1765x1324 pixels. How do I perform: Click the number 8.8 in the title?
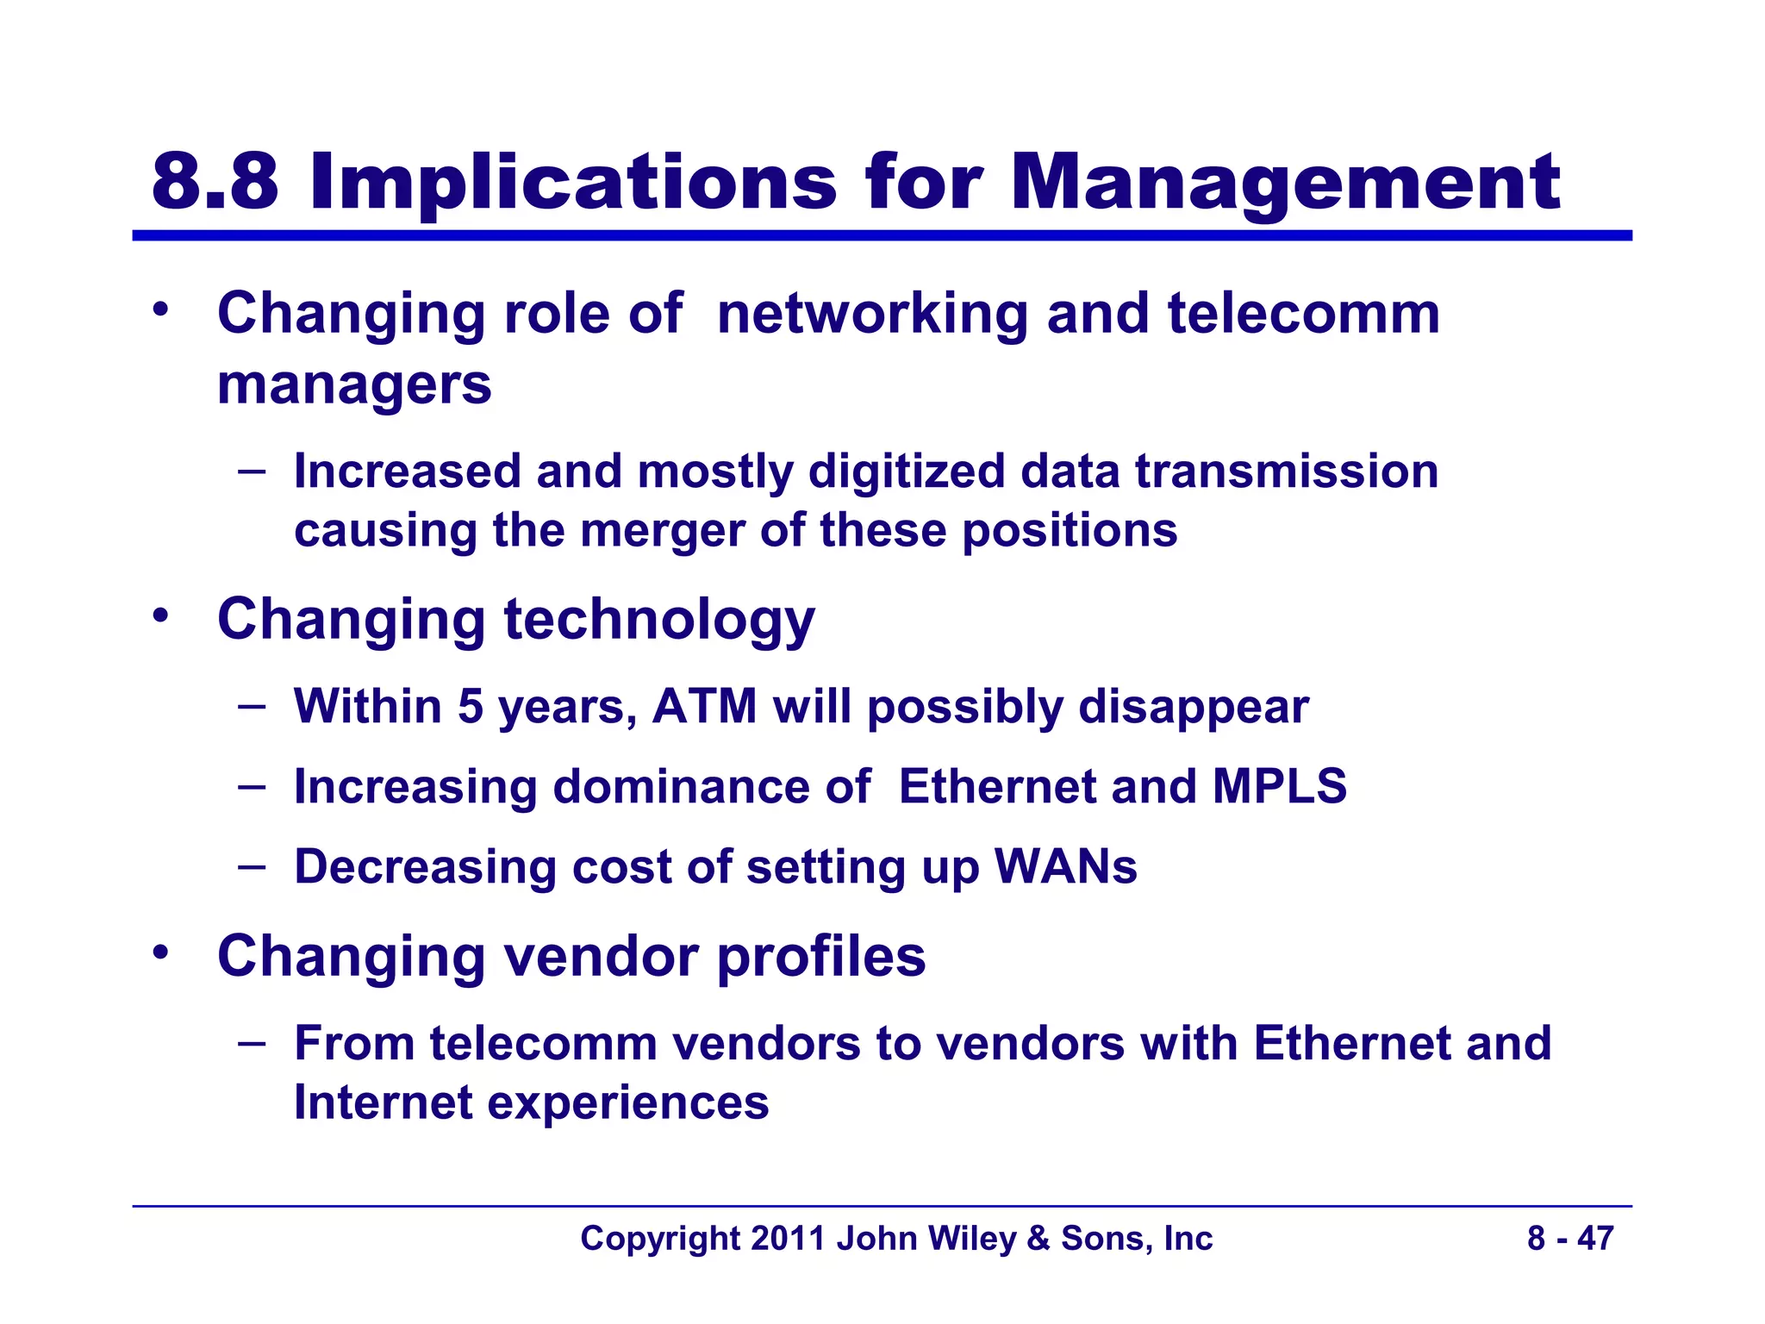pyautogui.click(x=215, y=182)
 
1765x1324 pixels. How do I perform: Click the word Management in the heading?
pyautogui.click(x=1284, y=184)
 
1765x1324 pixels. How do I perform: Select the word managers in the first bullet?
pyautogui.click(x=354, y=384)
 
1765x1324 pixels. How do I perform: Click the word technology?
pyautogui.click(x=658, y=621)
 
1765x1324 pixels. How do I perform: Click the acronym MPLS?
pyautogui.click(x=1279, y=786)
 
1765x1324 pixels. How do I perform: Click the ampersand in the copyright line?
pyautogui.click(x=1038, y=1239)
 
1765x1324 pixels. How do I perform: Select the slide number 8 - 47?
pyautogui.click(x=1570, y=1239)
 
